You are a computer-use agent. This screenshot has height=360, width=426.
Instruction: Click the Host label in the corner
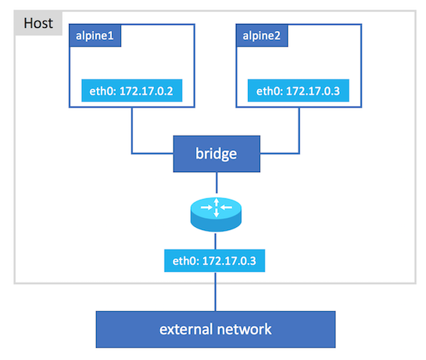pyautogui.click(x=38, y=23)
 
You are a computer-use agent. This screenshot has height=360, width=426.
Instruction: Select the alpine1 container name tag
pyautogui.click(x=95, y=35)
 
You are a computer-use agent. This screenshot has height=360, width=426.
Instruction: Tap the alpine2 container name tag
pyautogui.click(x=261, y=35)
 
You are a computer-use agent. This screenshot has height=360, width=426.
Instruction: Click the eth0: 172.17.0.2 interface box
pyautogui.click(x=131, y=91)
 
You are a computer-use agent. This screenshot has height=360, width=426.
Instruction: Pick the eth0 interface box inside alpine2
pyautogui.click(x=298, y=91)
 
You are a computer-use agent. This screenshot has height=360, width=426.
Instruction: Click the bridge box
pyautogui.click(x=216, y=154)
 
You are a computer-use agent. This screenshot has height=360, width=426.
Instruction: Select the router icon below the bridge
pyautogui.click(x=216, y=214)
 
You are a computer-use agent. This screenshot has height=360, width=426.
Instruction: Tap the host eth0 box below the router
pyautogui.click(x=215, y=261)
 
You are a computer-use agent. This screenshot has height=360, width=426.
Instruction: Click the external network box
pyautogui.click(x=216, y=330)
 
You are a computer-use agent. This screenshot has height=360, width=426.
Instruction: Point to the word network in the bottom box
pyautogui.click(x=244, y=330)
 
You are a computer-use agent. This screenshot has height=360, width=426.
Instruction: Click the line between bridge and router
pyautogui.click(x=216, y=183)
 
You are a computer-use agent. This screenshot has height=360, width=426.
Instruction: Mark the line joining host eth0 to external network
pyautogui.click(x=216, y=292)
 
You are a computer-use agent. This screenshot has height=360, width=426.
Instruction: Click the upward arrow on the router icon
pyautogui.click(x=216, y=202)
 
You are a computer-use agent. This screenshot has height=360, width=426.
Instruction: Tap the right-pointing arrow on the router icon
pyautogui.click(x=207, y=207)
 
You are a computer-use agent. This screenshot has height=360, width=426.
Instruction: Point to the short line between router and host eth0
pyautogui.click(x=216, y=241)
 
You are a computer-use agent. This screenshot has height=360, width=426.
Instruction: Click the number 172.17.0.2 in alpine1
pyautogui.click(x=147, y=91)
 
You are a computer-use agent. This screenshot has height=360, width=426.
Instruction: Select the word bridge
pyautogui.click(x=216, y=154)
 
